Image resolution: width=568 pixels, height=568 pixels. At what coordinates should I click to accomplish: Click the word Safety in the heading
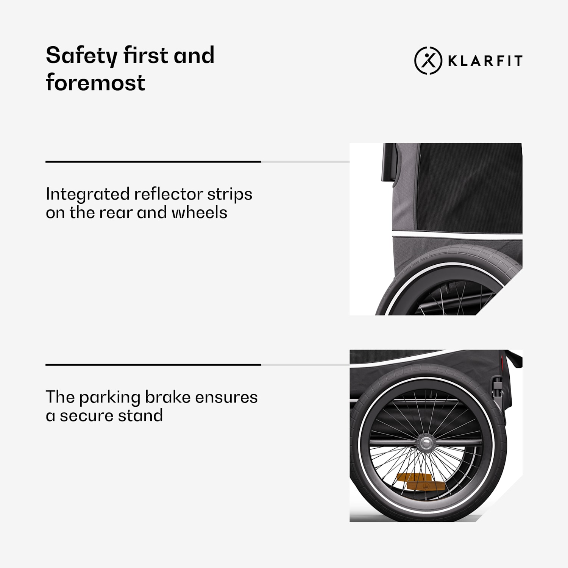(81, 56)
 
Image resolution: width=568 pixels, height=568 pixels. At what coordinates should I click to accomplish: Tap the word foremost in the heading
(95, 83)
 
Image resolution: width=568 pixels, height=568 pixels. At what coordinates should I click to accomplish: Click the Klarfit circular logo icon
(428, 61)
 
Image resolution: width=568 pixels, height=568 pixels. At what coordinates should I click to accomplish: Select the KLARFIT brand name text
(485, 61)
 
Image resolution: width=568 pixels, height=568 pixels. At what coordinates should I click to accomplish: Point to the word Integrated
(87, 195)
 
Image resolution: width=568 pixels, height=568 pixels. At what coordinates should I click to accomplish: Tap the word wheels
(199, 212)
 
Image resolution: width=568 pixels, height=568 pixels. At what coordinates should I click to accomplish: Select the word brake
(168, 397)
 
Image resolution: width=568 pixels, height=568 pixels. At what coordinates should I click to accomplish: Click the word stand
(140, 415)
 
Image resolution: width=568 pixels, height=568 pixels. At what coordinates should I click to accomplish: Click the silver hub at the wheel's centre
(426, 442)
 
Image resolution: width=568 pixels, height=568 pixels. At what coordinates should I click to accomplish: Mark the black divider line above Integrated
(153, 162)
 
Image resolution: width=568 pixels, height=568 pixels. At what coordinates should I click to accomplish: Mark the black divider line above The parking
(153, 365)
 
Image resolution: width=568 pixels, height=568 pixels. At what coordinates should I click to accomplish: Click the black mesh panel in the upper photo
(470, 187)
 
